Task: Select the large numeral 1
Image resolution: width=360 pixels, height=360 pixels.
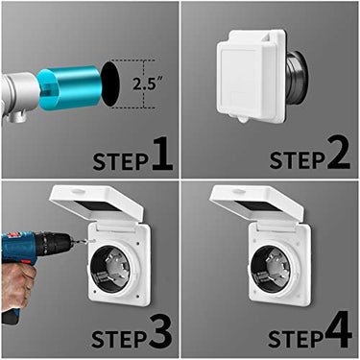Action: [160, 154]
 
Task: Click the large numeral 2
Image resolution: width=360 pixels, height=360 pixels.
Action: [338, 154]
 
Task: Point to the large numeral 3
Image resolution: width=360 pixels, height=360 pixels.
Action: [160, 331]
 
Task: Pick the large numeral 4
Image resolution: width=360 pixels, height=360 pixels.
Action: [338, 331]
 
